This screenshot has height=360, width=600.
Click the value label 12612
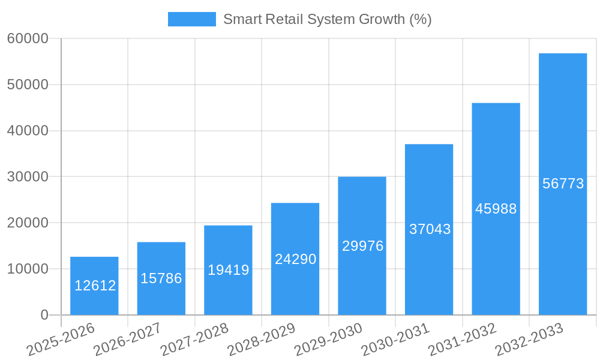(95, 286)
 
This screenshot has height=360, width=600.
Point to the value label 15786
(161, 278)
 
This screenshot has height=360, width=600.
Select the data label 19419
(228, 270)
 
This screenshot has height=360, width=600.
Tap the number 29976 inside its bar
(362, 246)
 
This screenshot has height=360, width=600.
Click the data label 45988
(496, 209)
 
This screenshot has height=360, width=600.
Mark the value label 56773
(563, 184)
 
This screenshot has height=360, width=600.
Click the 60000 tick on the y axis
(28, 39)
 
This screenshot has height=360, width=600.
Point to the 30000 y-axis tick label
(28, 177)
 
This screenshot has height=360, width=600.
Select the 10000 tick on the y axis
(28, 269)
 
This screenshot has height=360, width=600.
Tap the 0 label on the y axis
(44, 315)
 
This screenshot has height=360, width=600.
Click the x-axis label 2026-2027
(127, 338)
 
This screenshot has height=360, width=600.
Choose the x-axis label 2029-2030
(328, 338)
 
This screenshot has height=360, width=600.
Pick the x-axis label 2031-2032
(462, 338)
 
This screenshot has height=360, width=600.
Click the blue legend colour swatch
(191, 19)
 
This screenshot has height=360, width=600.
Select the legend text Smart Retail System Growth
(327, 19)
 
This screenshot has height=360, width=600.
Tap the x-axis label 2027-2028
(194, 338)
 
